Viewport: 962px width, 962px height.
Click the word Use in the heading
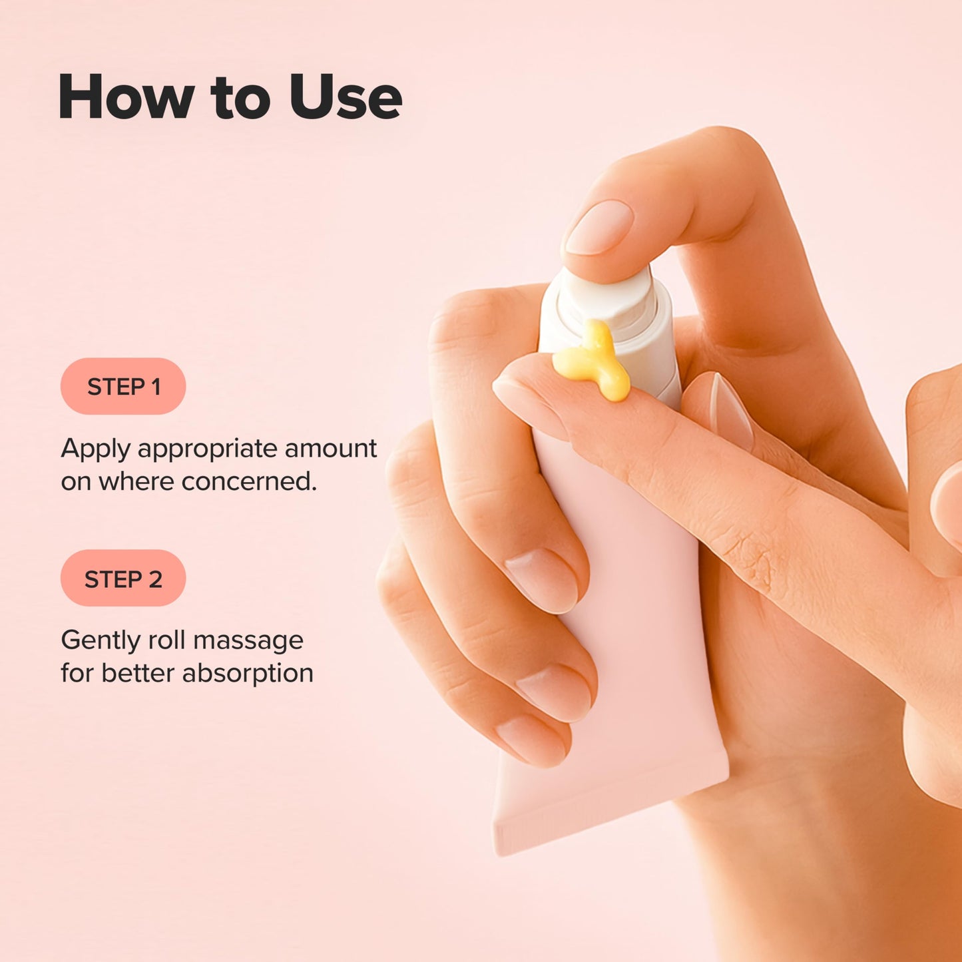tap(346, 97)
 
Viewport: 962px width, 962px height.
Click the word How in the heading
tap(126, 97)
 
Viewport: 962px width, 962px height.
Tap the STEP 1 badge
tap(123, 387)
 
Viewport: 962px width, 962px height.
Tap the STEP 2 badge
tap(123, 579)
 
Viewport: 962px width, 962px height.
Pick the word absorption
tap(248, 674)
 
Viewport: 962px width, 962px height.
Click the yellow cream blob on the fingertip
tap(592, 363)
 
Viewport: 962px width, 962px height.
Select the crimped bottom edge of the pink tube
tap(609, 816)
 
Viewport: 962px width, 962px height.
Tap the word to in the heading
tap(240, 97)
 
